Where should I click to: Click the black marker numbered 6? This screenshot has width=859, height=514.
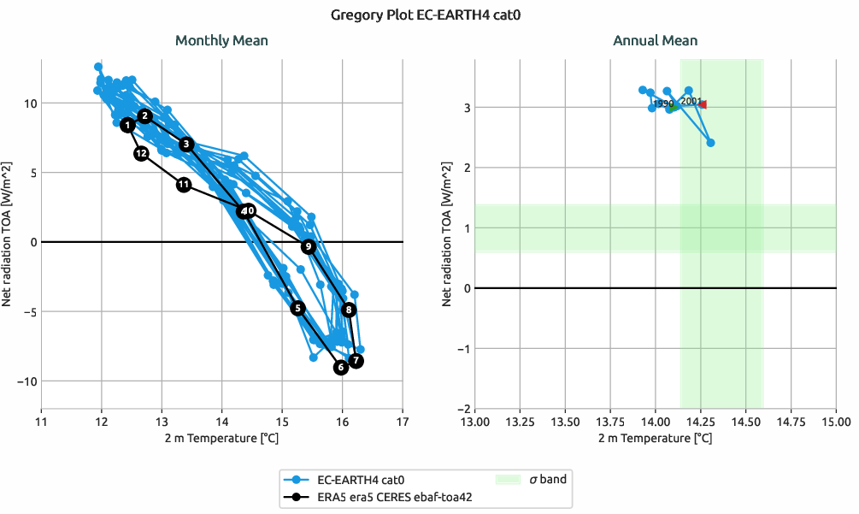pos(341,368)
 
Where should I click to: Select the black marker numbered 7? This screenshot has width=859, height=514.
pos(356,361)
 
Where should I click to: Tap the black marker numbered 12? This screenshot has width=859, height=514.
pos(142,153)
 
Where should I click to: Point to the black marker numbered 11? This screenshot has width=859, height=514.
pos(184,185)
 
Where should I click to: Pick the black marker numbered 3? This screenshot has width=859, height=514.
pos(187,144)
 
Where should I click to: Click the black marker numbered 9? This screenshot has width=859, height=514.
pos(308,246)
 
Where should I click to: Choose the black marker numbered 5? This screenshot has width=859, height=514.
pos(297,308)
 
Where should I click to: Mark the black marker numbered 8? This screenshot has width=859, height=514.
pos(349,310)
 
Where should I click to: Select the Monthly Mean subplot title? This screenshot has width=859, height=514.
pos(221,40)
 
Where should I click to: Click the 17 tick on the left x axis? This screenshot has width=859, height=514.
pos(403,422)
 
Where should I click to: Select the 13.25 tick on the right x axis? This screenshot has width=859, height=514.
pos(520,422)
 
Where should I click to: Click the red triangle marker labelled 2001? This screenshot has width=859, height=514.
pos(702,104)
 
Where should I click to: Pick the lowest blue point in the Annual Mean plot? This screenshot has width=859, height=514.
pos(710,143)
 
